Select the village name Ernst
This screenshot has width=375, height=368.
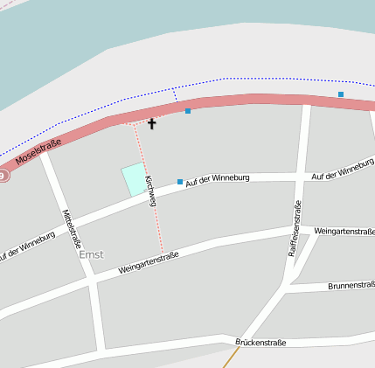[91, 255]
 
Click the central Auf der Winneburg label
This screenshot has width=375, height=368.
[219, 178]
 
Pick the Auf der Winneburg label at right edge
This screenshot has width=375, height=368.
[343, 170]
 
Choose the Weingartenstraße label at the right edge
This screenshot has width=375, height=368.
[344, 232]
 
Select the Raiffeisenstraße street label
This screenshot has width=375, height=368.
[295, 227]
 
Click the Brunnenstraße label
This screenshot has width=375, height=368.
[351, 285]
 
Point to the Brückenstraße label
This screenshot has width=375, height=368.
[260, 343]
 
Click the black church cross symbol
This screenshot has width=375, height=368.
[151, 124]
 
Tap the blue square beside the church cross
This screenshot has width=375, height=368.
[188, 111]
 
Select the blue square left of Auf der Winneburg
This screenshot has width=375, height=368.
[180, 182]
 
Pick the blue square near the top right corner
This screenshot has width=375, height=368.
[341, 94]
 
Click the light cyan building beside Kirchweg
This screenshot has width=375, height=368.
[134, 178]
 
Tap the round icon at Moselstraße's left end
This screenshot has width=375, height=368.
[3, 176]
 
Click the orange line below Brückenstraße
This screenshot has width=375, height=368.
[230, 358]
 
